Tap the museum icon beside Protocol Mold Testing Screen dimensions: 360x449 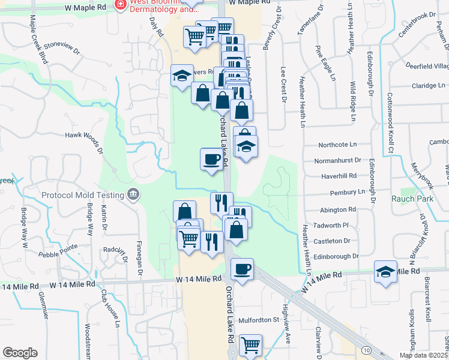tap(133, 194)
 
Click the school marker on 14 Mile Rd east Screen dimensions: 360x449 tap(385, 271)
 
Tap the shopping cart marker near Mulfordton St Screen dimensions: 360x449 tap(250, 345)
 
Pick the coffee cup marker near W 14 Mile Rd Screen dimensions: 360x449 tap(242, 269)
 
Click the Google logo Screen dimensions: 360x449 tap(20, 353)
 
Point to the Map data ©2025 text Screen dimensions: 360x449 tap(423, 355)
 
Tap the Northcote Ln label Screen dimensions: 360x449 tap(337, 145)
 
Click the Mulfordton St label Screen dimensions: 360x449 tap(259, 320)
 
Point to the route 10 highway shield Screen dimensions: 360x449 tap(366, 349)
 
